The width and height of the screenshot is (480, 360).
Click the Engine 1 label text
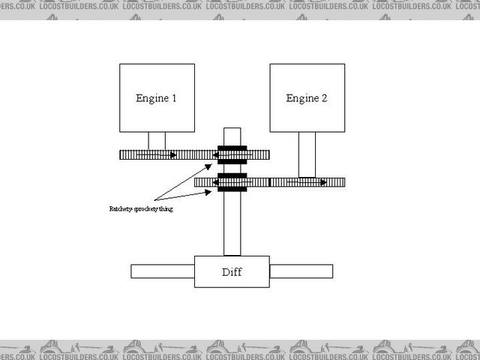point(156,98)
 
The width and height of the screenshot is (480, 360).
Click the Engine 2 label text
point(307,98)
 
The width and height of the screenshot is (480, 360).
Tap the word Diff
point(232,271)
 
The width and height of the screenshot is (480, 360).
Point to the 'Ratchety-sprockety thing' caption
point(141,209)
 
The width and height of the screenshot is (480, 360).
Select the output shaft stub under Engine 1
point(157,140)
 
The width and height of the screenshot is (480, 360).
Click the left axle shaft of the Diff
point(163,271)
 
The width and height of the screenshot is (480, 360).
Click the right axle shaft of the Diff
point(301,271)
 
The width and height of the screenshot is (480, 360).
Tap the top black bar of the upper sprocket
point(232,148)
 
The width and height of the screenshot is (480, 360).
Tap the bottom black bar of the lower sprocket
point(232,189)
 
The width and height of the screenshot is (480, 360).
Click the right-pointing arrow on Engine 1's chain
point(173,155)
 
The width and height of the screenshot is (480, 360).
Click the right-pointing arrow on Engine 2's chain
point(322,182)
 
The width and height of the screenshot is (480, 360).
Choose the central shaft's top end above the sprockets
point(232,135)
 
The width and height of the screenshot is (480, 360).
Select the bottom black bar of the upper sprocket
point(232,162)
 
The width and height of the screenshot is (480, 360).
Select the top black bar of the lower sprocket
point(232,175)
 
